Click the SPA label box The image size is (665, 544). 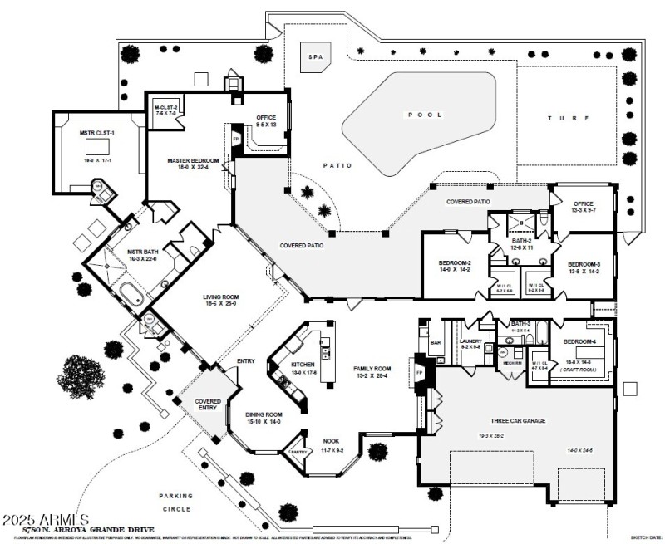(x=315, y=59)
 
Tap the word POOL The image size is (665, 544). (x=424, y=115)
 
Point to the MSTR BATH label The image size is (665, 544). (x=140, y=251)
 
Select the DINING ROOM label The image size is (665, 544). (x=264, y=414)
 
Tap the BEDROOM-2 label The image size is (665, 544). (x=456, y=264)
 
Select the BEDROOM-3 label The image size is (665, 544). (x=584, y=264)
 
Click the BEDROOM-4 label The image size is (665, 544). (x=579, y=342)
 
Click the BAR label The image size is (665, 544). (x=434, y=341)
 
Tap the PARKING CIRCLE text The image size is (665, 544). (x=175, y=502)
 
